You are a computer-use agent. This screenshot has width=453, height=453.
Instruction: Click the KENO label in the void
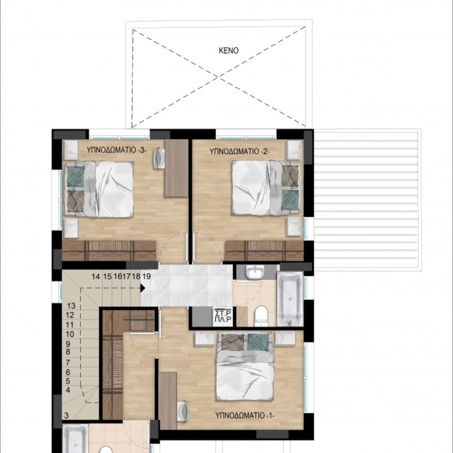[228, 51]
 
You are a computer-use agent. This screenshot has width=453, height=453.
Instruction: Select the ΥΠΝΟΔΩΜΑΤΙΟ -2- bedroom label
[239, 151]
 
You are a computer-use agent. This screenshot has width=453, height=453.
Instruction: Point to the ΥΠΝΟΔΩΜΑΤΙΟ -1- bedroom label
[245, 415]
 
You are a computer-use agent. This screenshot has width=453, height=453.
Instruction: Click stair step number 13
[71, 305]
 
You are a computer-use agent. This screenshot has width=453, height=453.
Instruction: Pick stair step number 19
[146, 276]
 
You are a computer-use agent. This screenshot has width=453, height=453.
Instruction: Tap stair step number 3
[66, 416]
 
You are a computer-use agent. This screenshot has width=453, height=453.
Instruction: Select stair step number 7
[68, 362]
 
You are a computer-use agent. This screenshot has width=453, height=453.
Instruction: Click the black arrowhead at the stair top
[143, 287]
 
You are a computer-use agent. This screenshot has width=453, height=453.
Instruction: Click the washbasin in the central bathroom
[255, 272]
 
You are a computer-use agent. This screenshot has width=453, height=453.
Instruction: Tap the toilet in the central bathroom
[261, 316]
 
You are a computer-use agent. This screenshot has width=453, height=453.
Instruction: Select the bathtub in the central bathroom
[290, 299]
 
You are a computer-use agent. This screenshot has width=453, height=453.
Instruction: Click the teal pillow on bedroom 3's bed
[75, 177]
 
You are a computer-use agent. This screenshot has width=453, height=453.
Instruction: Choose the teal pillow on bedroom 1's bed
[258, 342]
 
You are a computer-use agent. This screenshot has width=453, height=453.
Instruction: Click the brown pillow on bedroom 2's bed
[290, 175]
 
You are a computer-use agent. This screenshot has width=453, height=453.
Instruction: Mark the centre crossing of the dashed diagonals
[219, 77]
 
